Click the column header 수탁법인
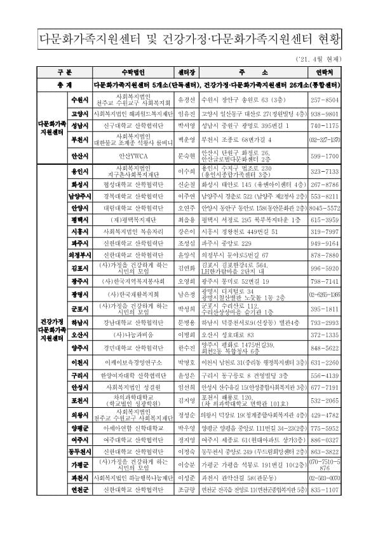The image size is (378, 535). click(134, 73)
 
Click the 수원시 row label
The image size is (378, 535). click(81, 100)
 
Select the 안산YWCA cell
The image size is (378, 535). click(134, 155)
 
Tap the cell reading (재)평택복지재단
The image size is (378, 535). click(134, 218)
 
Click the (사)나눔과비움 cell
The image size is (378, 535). click(134, 334)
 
